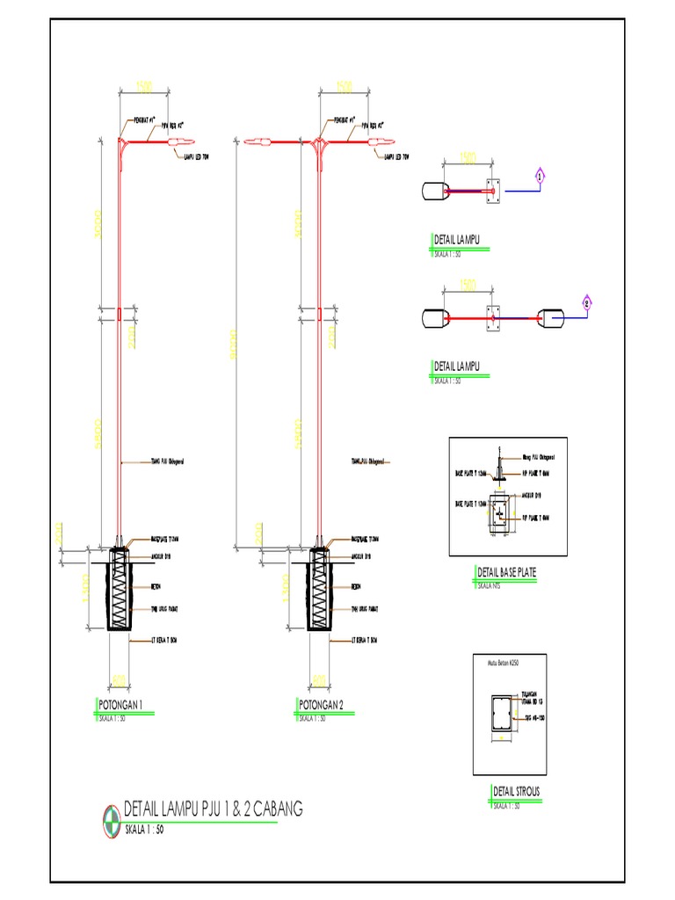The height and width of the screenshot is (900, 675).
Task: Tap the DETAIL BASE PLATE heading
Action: (x=504, y=572)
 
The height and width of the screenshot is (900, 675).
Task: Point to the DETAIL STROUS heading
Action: (x=517, y=792)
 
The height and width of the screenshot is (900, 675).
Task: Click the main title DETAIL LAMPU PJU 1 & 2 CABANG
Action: (x=214, y=809)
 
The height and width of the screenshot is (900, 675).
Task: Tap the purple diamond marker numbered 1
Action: (x=541, y=177)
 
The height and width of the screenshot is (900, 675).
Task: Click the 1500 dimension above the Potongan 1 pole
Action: (x=143, y=87)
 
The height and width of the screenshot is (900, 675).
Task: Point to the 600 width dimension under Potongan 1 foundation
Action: (x=119, y=679)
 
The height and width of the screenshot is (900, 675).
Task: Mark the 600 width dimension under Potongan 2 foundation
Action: (x=319, y=679)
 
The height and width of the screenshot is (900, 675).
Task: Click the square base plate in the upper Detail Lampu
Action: (x=492, y=189)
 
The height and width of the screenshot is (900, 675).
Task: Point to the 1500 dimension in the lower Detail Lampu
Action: (x=469, y=286)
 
